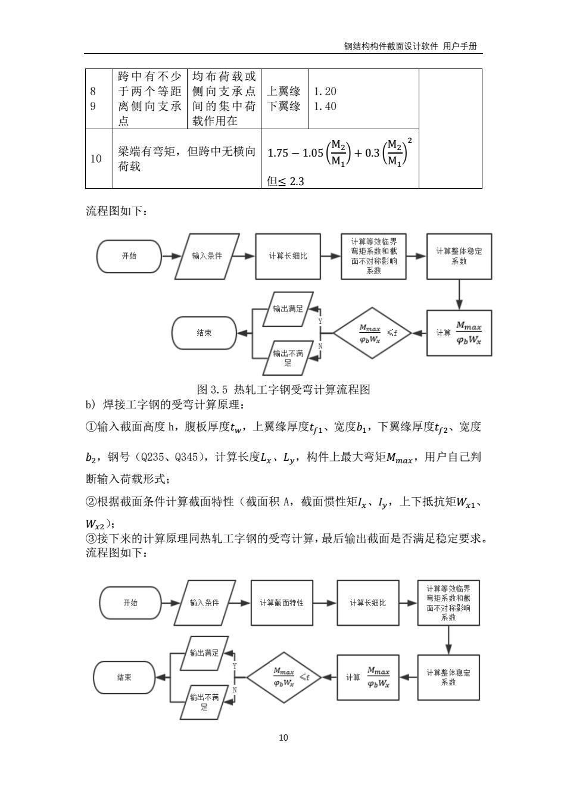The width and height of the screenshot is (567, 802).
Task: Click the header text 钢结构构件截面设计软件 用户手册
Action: point(410,46)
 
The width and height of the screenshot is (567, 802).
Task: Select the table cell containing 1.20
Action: point(325,91)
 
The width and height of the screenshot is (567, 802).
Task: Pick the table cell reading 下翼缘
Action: point(283,107)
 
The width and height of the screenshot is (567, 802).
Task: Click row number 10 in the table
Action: point(96,158)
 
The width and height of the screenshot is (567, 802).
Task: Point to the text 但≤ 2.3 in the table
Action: point(285,181)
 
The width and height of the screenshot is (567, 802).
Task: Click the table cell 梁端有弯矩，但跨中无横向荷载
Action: point(186,158)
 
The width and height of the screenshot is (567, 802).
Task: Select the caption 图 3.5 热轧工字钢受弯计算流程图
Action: point(283,389)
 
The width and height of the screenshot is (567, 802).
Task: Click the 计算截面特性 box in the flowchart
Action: point(282,603)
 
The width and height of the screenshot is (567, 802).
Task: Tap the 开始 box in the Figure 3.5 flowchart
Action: point(129,256)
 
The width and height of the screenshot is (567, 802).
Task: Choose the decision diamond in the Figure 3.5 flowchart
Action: point(372,333)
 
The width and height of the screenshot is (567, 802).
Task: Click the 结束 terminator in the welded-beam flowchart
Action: point(124,677)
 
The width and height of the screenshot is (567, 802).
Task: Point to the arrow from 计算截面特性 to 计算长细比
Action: point(325,603)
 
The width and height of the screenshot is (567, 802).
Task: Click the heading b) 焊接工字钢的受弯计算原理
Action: point(166,405)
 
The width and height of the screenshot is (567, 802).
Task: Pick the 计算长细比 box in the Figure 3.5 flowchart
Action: point(288,257)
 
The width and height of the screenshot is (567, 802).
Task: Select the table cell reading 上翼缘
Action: point(283,91)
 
